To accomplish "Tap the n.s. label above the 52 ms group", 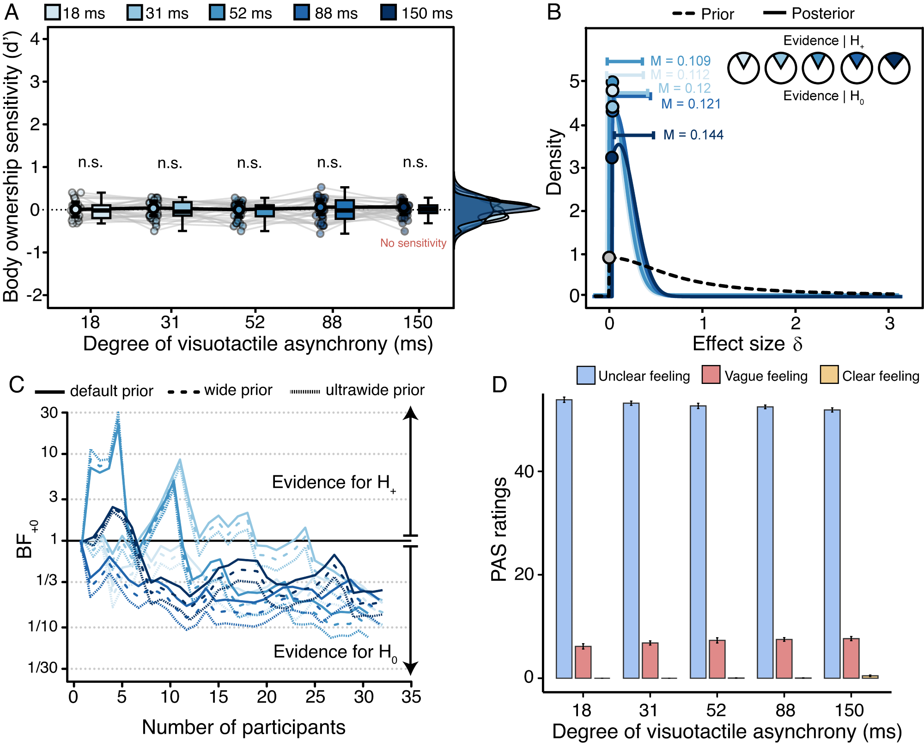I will [x=249, y=163].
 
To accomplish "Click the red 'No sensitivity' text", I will [x=413, y=243].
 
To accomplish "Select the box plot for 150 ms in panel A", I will [x=428, y=209].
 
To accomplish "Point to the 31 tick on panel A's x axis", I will [x=170, y=322].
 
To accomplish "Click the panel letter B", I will [x=554, y=12].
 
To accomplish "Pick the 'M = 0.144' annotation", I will [x=693, y=135].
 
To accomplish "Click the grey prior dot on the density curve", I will [x=609, y=257].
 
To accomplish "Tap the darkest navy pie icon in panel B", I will [x=894, y=68].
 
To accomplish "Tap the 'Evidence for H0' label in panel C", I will [x=335, y=652].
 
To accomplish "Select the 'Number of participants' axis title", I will [x=243, y=727].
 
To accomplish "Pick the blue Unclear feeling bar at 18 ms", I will [x=564, y=539].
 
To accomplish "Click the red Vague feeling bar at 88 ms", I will [x=784, y=659].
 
